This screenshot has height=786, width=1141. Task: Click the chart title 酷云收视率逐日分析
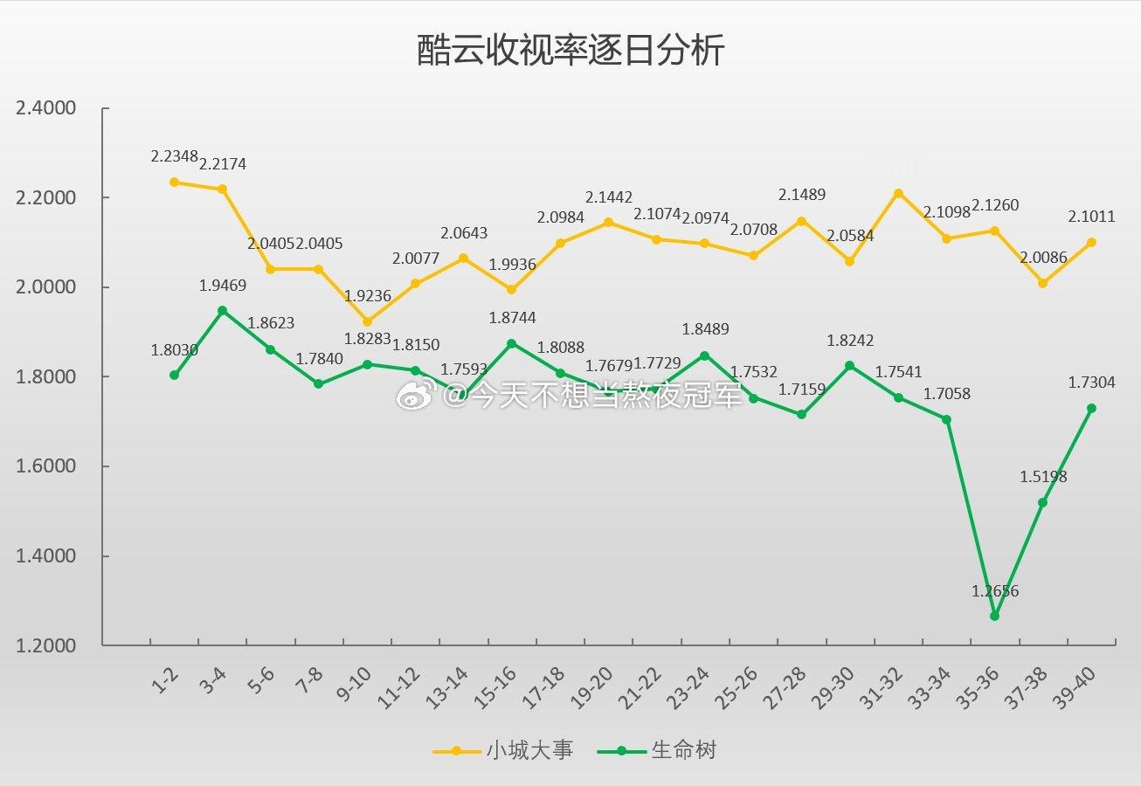570,52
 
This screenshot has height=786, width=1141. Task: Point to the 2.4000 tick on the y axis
46,108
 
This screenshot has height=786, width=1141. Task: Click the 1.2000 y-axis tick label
46,646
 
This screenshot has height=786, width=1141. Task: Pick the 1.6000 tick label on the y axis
46,467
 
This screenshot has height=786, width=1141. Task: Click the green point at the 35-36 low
994,616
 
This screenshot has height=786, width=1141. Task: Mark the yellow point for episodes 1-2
175,183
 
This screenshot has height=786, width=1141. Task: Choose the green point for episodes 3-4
223,310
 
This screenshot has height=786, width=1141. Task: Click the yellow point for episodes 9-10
367,322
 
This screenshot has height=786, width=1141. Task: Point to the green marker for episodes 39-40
1091,408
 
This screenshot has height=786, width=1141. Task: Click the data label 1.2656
995,591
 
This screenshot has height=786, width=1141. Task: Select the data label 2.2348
175,156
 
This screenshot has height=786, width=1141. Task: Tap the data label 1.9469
223,286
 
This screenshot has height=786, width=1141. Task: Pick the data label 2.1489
801,195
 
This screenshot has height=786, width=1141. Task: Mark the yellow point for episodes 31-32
898,193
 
